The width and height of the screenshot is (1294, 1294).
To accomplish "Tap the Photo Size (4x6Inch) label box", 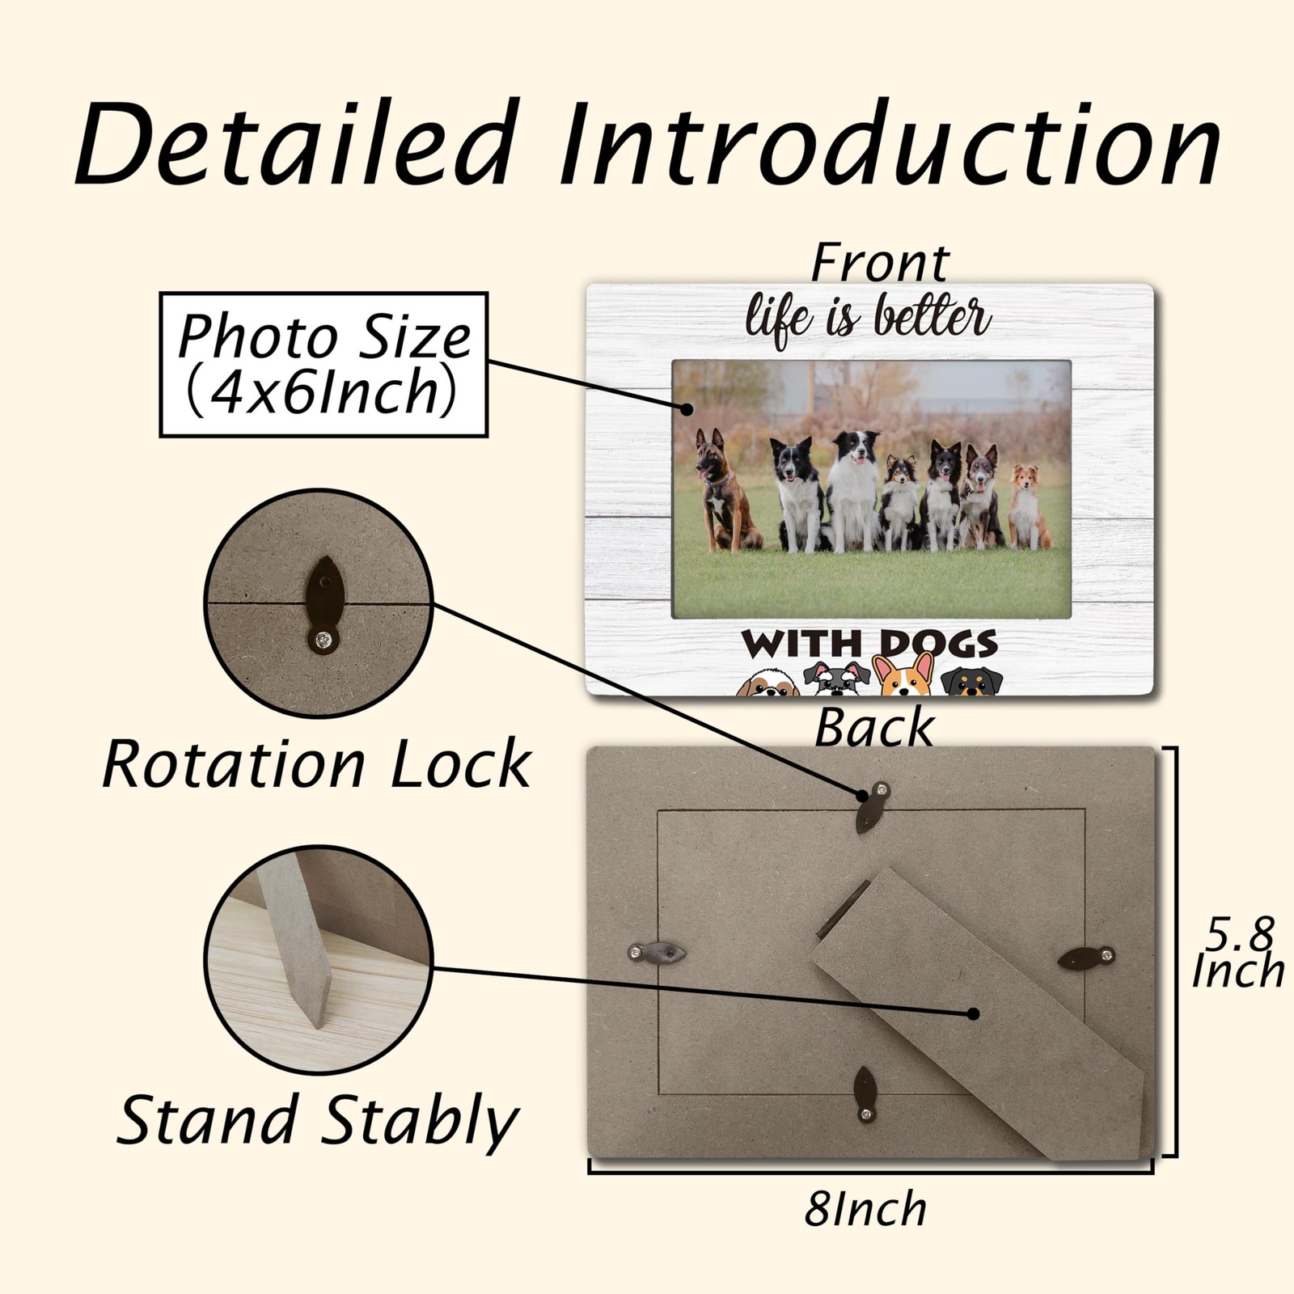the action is pos(323,365).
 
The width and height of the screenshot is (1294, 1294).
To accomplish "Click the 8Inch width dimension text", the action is pos(865,1209).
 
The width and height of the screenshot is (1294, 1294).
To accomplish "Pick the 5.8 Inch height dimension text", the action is pos(1238,953).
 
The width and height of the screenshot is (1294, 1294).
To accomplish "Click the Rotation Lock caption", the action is pos(317,763).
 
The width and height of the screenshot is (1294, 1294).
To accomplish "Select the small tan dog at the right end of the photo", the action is pos(1027,506).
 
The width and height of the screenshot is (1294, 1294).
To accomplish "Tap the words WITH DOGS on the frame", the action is pos(869,644).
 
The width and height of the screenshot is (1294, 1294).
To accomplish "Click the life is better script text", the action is pos(868,319).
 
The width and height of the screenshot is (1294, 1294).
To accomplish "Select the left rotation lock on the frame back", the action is pos(657,954).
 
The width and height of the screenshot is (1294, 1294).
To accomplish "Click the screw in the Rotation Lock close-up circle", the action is pos(323,641).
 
